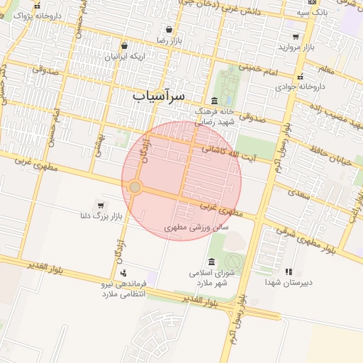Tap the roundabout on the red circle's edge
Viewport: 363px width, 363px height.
coord(135,186)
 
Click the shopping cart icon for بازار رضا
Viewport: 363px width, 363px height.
coord(169,30)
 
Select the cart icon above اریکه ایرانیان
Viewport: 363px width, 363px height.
coord(124,45)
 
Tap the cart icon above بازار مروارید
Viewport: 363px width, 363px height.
coord(296,36)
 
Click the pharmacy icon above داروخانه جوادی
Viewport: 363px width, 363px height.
coord(301,76)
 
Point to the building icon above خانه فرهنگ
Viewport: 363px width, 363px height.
coord(215,100)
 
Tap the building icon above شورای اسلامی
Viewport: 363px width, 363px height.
coord(211,262)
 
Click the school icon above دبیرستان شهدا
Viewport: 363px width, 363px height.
coord(288,272)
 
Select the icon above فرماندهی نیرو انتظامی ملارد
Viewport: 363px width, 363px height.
coord(124,273)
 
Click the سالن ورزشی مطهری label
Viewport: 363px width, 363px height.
coord(196,228)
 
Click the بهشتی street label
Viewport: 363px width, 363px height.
coord(99,145)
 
